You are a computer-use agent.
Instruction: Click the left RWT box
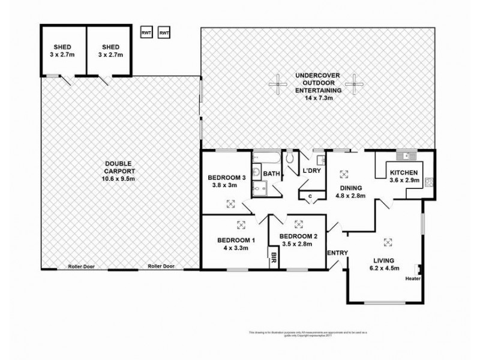[146, 32]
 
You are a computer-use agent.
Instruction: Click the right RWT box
[164, 32]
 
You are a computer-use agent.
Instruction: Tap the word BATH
[272, 174]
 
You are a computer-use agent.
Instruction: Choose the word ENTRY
[337, 252]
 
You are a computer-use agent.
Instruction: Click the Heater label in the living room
[413, 278]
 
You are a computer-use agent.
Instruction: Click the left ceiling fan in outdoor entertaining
[277, 84]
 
